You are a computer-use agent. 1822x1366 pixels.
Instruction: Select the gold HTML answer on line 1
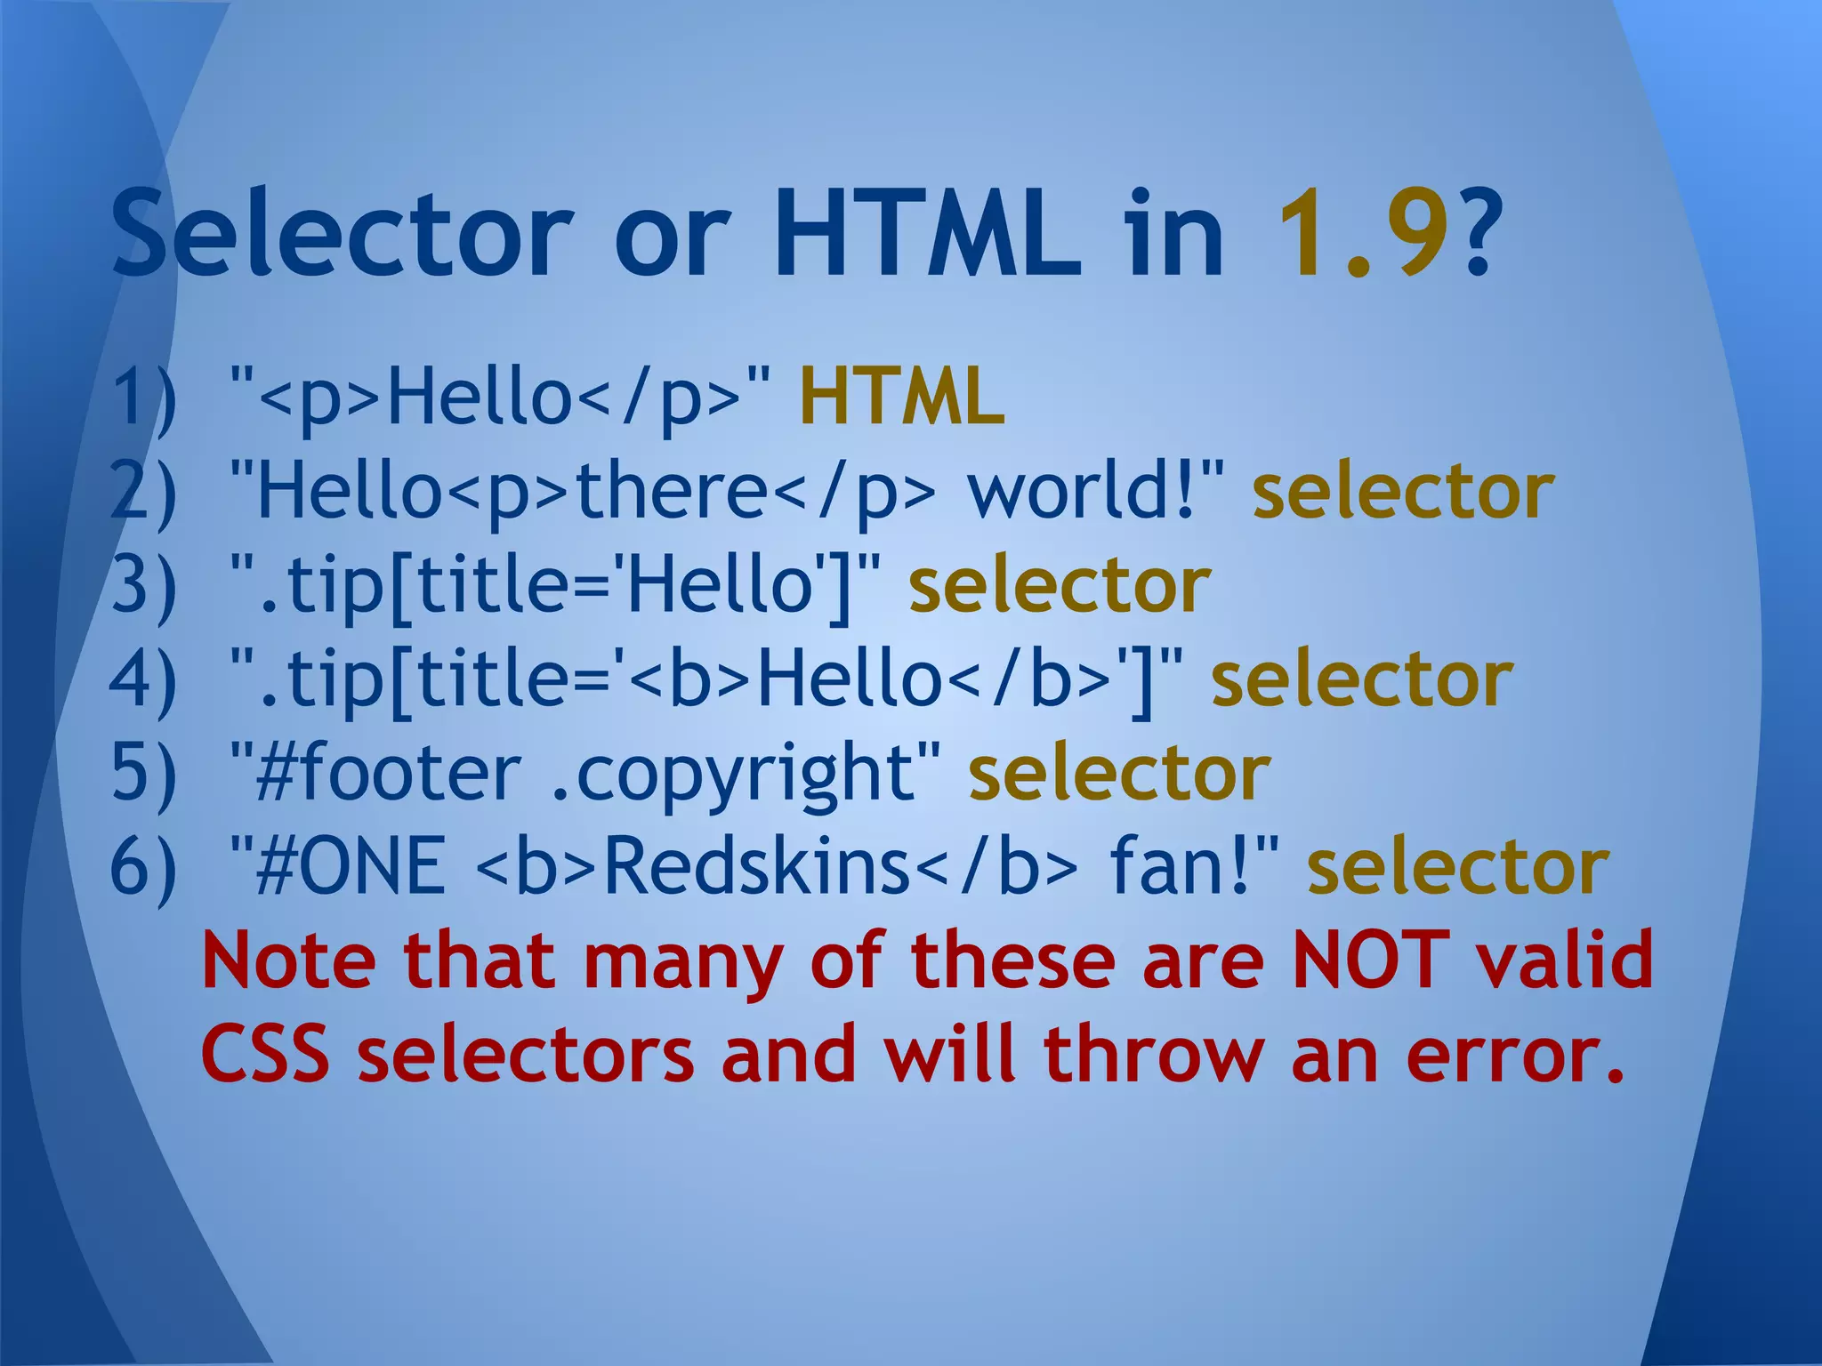902,398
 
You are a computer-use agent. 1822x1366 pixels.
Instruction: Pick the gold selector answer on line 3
1059,587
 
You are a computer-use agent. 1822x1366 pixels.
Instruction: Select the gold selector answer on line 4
1361,680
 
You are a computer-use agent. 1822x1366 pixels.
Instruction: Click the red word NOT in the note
1370,960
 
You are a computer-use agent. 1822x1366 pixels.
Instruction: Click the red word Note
289,960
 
